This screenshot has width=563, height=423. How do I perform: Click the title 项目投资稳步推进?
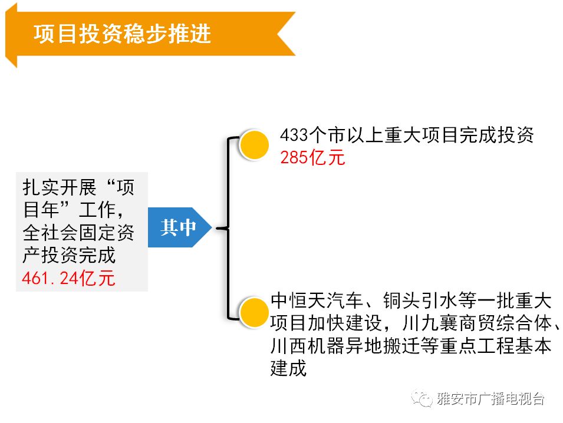click(123, 34)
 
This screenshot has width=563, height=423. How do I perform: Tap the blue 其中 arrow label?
click(178, 227)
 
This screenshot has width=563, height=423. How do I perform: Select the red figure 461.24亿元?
click(68, 278)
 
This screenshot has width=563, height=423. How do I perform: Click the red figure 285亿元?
click(312, 158)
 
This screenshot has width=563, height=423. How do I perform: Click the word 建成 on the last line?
click(289, 369)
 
